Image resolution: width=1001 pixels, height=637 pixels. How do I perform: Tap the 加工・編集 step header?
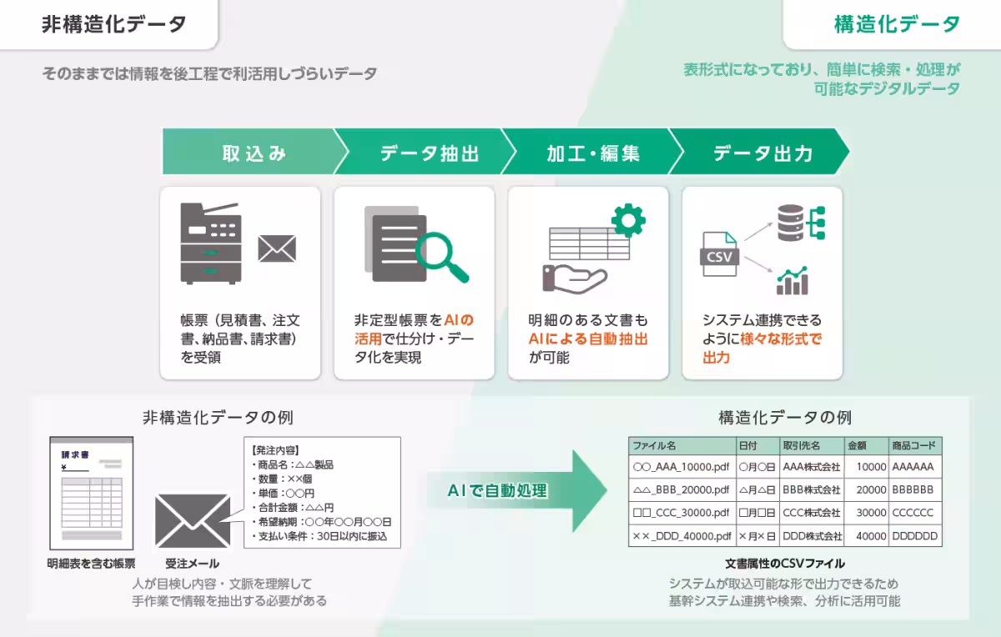click(593, 153)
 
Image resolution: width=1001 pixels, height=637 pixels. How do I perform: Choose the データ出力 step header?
click(762, 153)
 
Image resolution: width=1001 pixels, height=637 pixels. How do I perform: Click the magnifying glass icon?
click(441, 253)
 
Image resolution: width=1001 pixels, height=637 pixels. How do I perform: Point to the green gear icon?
click(628, 218)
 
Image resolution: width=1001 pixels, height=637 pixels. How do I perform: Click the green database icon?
click(793, 222)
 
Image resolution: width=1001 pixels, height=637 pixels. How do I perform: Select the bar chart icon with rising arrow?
click(792, 281)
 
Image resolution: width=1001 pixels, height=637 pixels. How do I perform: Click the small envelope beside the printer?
click(277, 248)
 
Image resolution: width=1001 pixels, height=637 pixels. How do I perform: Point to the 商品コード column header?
click(915, 445)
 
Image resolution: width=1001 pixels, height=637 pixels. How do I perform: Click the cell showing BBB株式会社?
click(812, 489)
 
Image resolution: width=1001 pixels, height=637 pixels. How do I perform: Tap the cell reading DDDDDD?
click(914, 535)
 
